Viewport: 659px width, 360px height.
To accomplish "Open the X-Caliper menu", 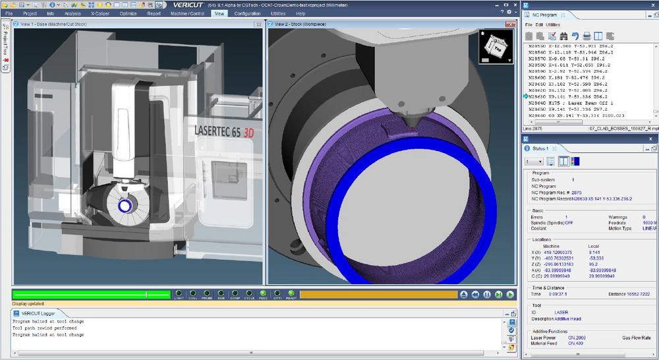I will point(100,13).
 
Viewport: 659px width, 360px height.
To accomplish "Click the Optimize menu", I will point(128,13).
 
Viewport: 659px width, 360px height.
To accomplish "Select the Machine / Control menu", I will point(188,13).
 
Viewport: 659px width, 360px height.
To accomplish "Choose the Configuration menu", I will point(247,13).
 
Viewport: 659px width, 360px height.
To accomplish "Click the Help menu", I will point(301,13).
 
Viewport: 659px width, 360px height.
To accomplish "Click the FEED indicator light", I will point(263,294).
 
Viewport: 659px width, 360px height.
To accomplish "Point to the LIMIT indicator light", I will point(179,294).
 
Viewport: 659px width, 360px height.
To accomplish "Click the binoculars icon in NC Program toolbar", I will point(563,36).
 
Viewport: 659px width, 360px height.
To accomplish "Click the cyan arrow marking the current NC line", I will point(525,96).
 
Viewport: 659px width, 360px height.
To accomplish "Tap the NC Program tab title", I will point(545,15).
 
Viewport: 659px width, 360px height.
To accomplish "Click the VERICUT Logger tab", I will point(37,313).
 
